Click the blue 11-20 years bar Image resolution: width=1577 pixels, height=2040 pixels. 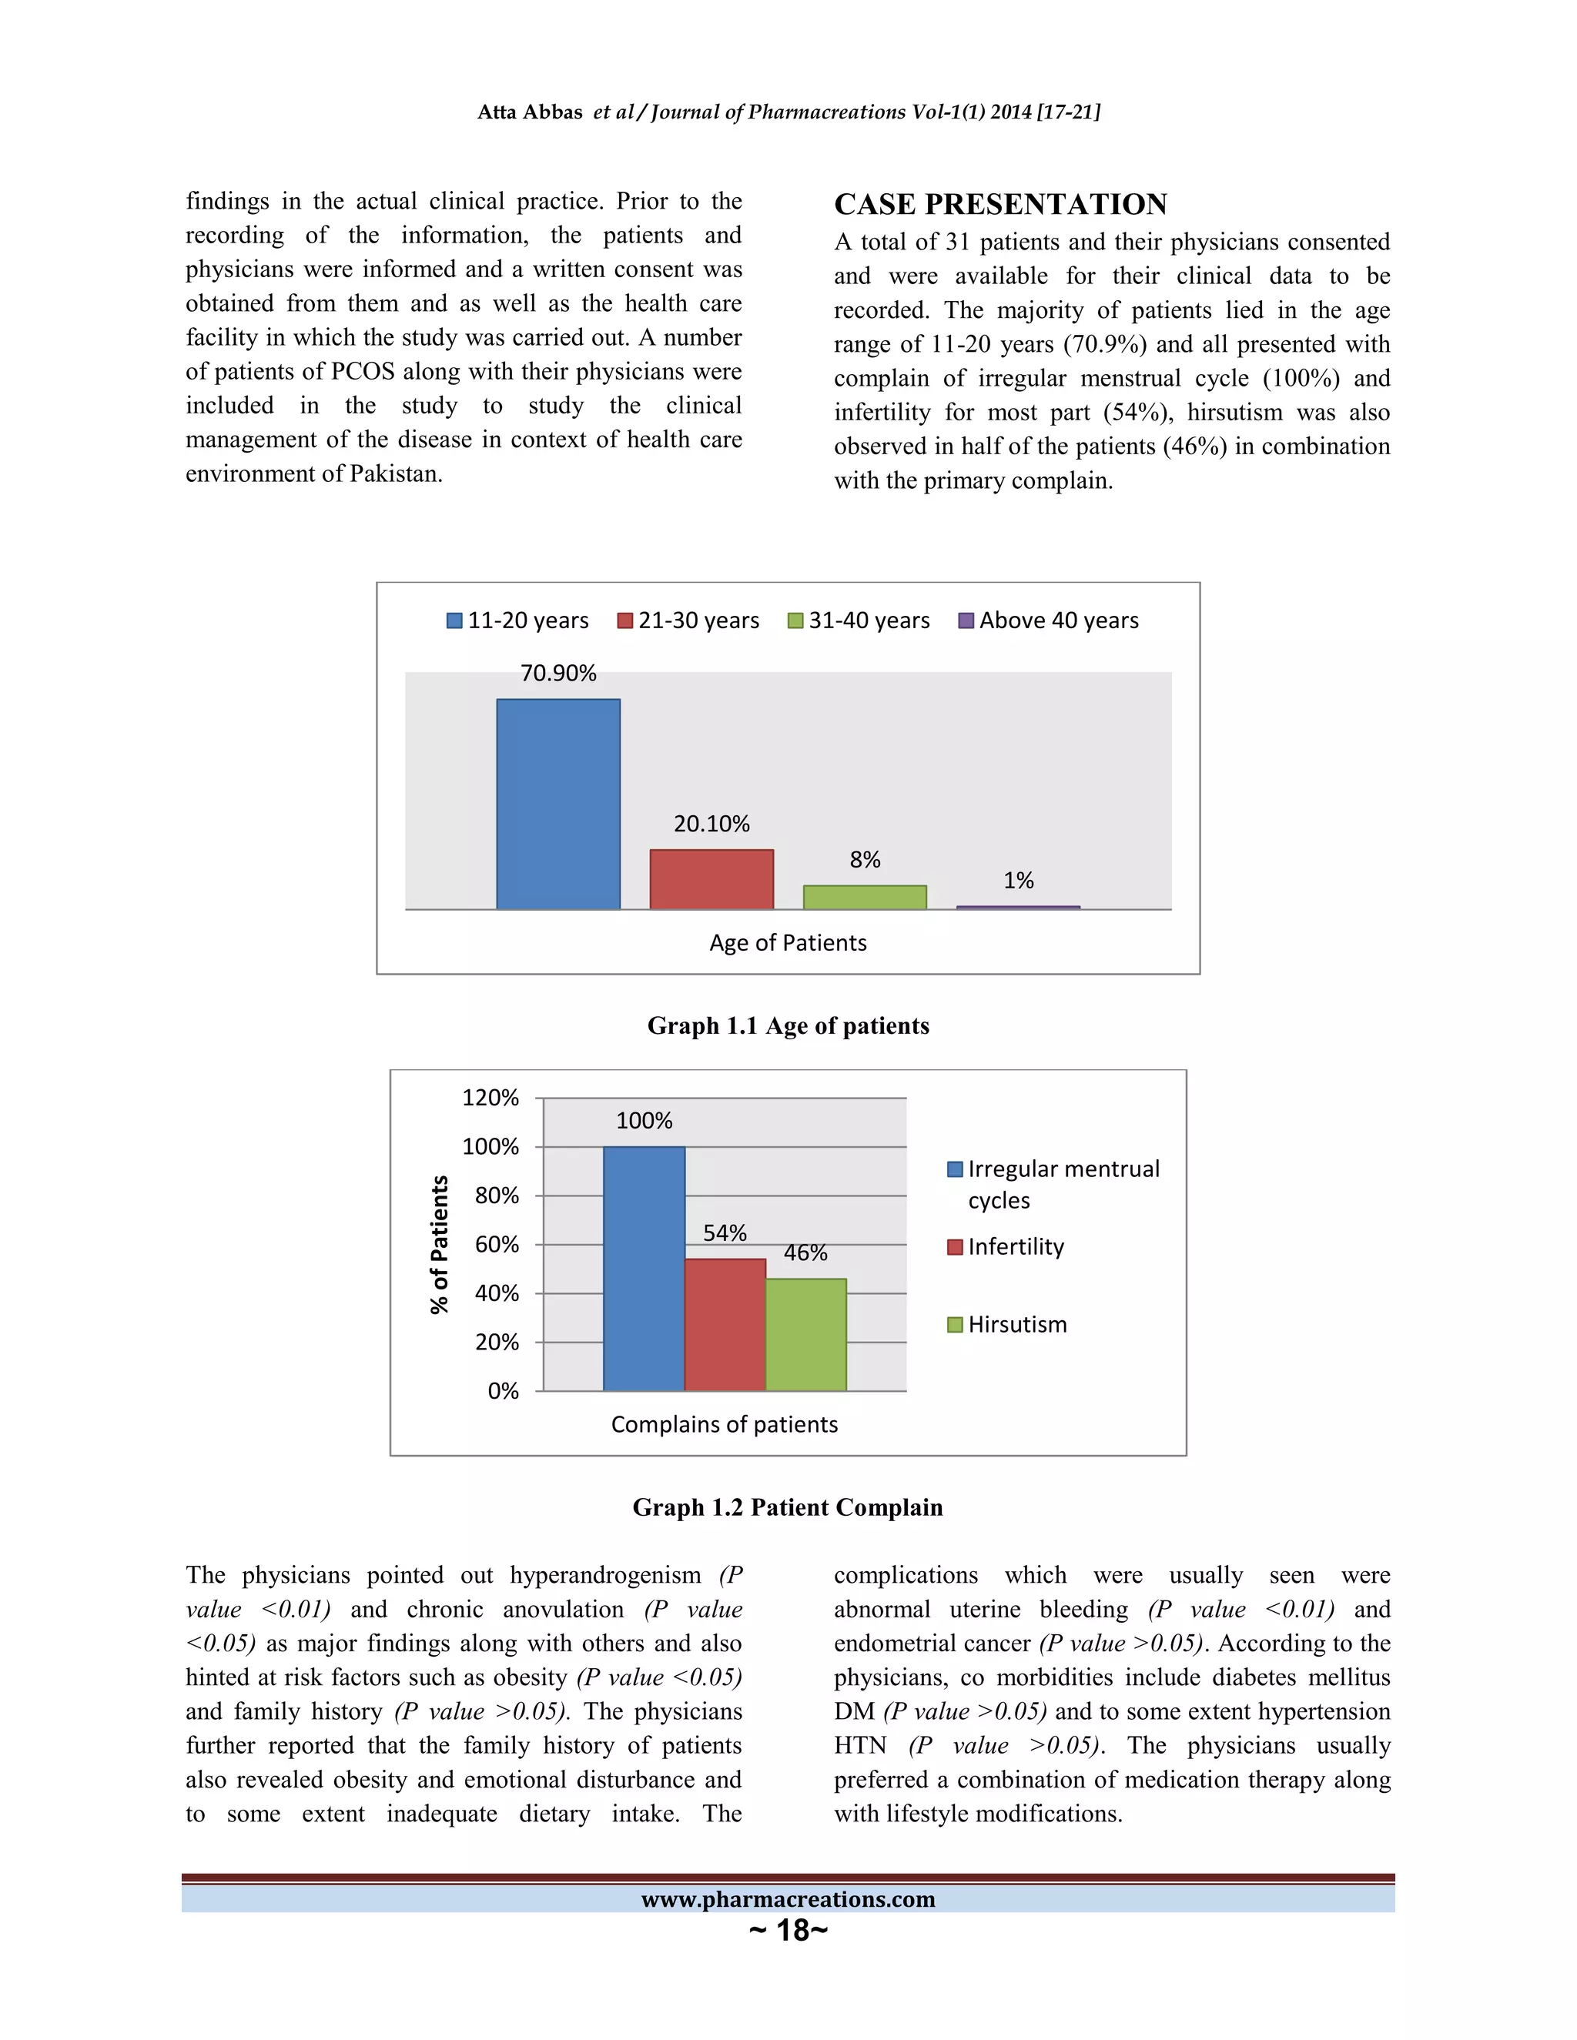(557, 803)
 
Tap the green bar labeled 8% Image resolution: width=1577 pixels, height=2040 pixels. (864, 897)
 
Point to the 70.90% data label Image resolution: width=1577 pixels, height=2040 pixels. (557, 674)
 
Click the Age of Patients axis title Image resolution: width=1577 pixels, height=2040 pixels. (788, 942)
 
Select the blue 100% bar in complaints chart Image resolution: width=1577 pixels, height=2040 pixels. (644, 1268)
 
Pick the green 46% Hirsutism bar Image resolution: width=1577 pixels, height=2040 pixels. (805, 1334)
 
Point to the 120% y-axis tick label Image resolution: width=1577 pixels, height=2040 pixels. (491, 1098)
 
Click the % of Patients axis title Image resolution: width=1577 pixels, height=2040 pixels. (439, 1244)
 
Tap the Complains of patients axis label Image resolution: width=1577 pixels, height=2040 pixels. (724, 1424)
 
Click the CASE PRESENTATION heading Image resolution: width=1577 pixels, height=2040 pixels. (1000, 205)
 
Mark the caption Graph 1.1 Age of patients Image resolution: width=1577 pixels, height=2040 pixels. (788, 1025)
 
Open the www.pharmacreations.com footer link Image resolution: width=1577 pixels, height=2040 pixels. (788, 1899)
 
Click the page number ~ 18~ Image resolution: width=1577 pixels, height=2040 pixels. (788, 1930)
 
